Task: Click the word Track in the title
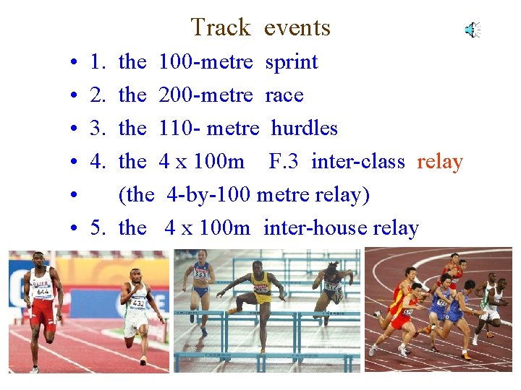tap(220, 27)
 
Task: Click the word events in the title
tap(297, 27)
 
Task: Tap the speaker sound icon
tap(473, 30)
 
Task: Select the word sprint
tap(292, 62)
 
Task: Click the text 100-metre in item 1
tap(206, 62)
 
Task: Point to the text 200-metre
tap(206, 95)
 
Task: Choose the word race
tap(284, 95)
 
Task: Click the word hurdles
tap(304, 129)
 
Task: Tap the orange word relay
tap(440, 162)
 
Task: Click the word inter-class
tap(357, 162)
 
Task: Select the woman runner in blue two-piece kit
tap(200, 289)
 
